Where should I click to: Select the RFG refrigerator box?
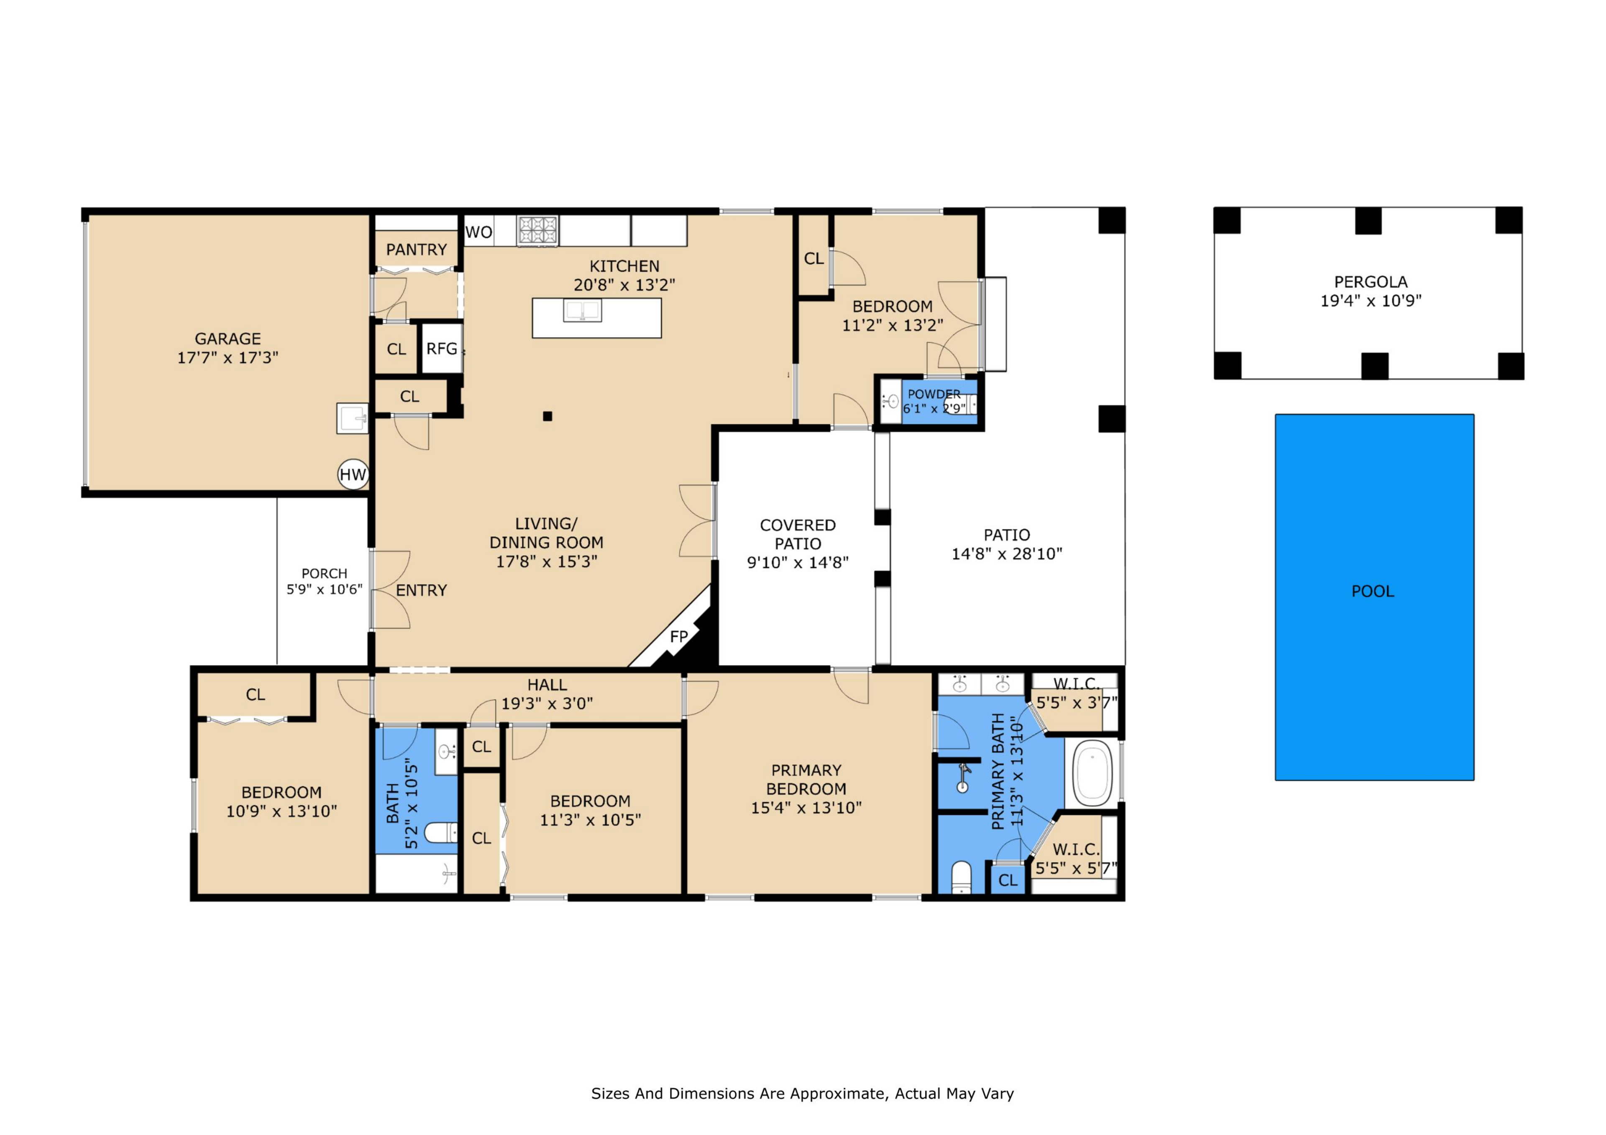tap(442, 348)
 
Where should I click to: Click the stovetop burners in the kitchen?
tap(538, 230)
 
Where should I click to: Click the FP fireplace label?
tap(678, 636)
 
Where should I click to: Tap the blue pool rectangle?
tap(1374, 597)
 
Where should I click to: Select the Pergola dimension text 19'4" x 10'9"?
tap(1371, 301)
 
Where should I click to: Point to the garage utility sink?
tap(353, 418)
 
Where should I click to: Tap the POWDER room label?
tap(934, 394)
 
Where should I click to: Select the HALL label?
tap(547, 685)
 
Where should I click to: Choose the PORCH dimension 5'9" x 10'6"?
tap(325, 589)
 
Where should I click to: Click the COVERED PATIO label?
tap(798, 534)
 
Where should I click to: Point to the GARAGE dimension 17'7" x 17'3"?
tap(228, 357)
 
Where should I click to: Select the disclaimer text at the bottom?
tap(802, 1094)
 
